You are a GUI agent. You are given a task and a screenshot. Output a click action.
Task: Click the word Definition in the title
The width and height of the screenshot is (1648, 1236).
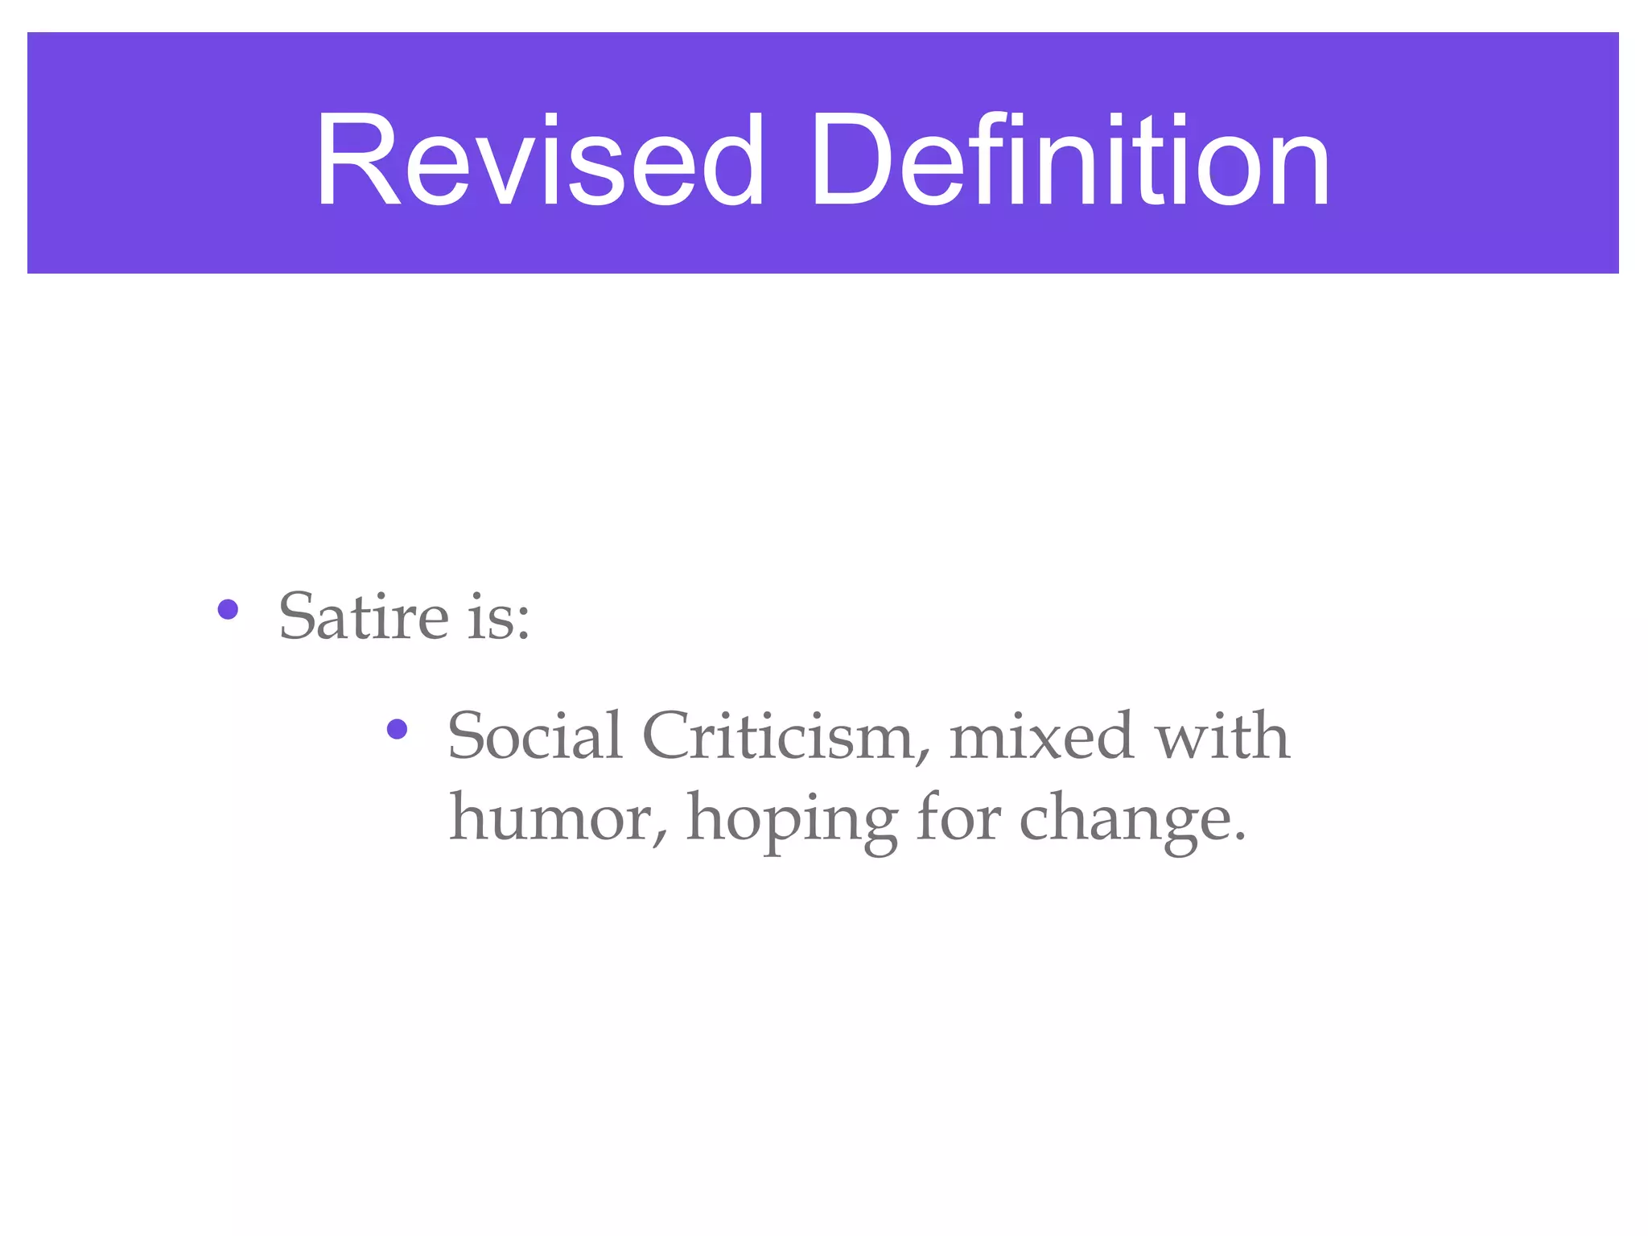1070,161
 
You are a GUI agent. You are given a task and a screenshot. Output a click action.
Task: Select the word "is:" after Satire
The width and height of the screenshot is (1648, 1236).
499,618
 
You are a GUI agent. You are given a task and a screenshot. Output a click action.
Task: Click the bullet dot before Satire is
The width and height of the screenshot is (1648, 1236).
228,609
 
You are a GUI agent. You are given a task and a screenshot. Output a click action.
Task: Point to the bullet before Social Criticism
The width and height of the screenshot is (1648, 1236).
397,729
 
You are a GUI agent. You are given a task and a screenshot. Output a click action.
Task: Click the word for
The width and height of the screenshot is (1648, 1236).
958,816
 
